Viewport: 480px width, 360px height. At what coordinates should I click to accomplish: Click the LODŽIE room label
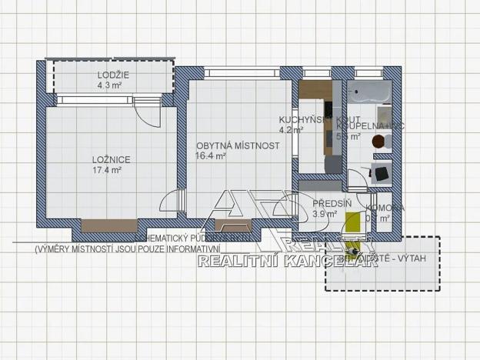(113, 75)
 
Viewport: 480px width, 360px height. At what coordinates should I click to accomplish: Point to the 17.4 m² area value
(107, 170)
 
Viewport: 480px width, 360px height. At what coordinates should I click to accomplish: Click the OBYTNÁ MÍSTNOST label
(237, 145)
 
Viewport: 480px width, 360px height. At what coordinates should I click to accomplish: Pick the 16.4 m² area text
(210, 155)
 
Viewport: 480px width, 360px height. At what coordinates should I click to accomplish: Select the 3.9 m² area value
(325, 214)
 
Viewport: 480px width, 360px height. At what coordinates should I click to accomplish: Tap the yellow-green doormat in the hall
(353, 222)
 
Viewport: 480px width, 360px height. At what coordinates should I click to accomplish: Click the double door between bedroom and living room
(173, 204)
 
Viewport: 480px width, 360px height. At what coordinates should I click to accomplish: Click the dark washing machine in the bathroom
(380, 173)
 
